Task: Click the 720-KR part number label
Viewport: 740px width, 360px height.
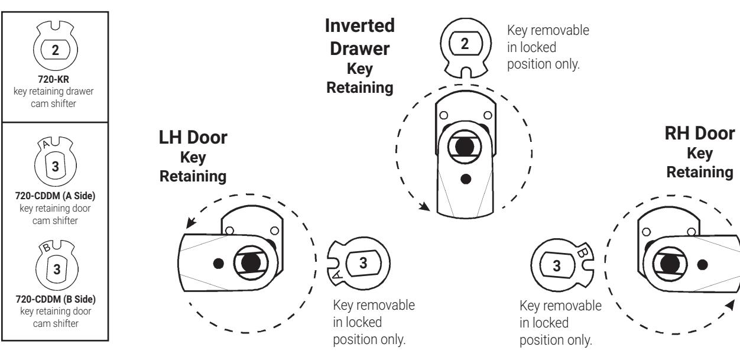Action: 54,80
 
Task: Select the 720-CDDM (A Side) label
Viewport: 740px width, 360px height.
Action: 55,196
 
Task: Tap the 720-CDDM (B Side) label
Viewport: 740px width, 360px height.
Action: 56,299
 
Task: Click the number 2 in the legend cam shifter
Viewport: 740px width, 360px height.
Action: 55,50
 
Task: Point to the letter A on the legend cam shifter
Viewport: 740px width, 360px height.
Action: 46,144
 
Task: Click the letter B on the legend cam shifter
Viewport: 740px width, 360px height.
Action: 47,247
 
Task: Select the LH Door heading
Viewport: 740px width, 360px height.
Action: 193,137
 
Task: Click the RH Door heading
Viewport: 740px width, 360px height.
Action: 700,134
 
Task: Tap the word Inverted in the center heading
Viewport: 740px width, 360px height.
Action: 360,26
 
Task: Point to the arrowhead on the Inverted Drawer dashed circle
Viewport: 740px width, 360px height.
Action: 425,207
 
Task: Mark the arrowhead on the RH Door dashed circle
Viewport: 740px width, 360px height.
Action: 730,306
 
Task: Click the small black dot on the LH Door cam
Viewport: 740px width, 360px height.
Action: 218,264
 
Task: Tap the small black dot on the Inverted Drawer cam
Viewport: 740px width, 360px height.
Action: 466,179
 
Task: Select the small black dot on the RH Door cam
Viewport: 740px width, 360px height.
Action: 702,265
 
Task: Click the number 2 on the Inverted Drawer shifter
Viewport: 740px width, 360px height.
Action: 465,44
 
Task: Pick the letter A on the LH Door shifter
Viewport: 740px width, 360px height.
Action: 336,275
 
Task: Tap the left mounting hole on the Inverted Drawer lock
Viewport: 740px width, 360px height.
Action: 444,115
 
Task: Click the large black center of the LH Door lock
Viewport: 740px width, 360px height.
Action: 251,263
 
